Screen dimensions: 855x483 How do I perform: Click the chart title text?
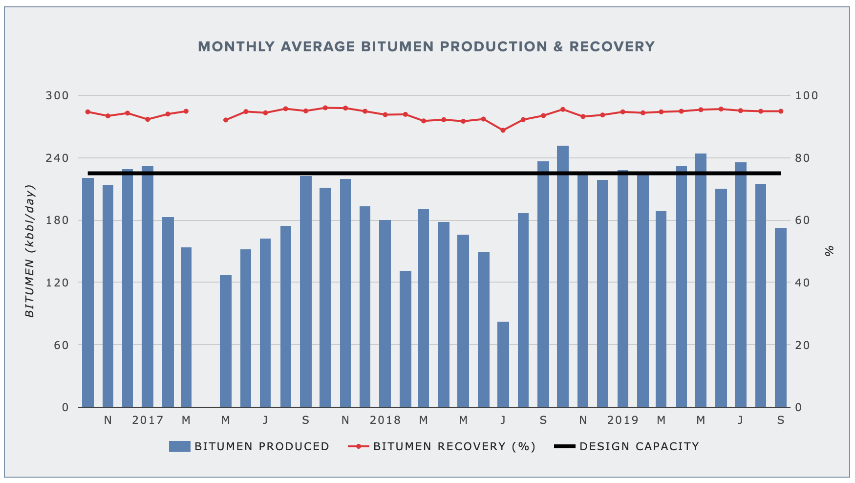(x=426, y=47)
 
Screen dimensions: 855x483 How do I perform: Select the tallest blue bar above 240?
(x=563, y=276)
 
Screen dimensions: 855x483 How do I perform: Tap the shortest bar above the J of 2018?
(x=503, y=364)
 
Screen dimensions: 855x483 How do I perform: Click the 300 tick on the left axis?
(x=57, y=95)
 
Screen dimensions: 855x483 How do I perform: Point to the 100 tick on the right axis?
(x=806, y=95)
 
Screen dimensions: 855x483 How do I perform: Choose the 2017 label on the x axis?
(x=148, y=420)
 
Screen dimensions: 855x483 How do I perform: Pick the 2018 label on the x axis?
(x=385, y=420)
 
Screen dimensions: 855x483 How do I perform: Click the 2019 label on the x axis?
(x=623, y=420)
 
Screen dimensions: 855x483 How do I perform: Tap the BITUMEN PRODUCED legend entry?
(x=249, y=446)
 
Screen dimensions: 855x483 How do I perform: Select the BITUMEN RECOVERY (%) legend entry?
(x=442, y=446)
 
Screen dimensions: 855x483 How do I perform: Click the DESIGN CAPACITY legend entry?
(x=627, y=446)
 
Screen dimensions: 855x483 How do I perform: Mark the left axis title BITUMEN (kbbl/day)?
(x=30, y=251)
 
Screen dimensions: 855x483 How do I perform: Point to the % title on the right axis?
(x=829, y=251)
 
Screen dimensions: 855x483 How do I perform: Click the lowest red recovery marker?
(x=503, y=130)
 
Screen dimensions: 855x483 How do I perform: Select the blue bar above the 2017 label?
(x=148, y=286)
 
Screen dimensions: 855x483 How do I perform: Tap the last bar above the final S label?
(x=781, y=317)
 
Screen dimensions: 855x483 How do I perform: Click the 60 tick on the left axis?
(x=61, y=345)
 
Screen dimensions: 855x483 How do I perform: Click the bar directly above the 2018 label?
(x=385, y=313)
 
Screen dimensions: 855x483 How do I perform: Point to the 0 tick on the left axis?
(x=65, y=407)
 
